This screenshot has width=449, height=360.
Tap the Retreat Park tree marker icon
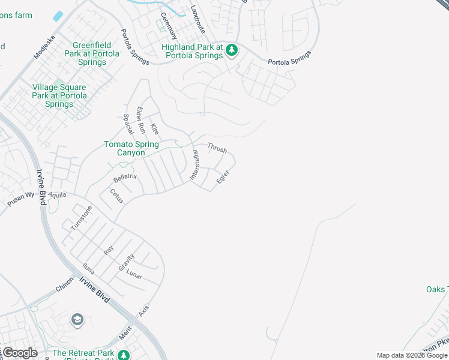(123, 354)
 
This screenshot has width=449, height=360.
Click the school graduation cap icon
(77, 320)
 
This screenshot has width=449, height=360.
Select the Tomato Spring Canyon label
(131, 148)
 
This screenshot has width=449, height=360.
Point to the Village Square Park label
(59, 95)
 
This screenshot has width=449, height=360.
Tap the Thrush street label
(217, 147)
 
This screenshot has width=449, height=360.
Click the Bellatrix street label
(125, 177)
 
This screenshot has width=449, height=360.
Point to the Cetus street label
(116, 196)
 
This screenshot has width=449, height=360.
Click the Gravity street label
(127, 262)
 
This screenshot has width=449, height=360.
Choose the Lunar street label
(134, 276)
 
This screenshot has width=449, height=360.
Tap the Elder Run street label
(141, 120)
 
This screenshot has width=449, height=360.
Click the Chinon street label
(64, 284)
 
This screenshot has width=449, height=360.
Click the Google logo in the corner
(20, 352)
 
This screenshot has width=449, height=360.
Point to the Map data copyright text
(412, 355)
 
